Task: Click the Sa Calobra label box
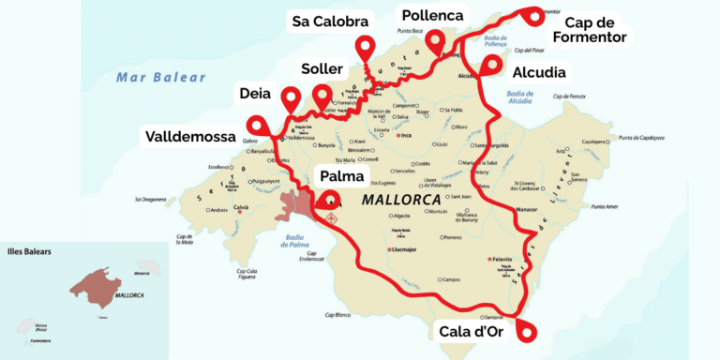[x=329, y=21]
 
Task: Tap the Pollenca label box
[x=433, y=15]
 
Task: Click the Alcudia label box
[x=538, y=71]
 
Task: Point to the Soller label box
[x=322, y=69]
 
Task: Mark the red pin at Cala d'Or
[x=528, y=328]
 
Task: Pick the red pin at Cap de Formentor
[x=535, y=15]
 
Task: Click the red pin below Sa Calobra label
[x=364, y=47]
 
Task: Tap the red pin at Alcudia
[x=490, y=65]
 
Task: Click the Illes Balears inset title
[x=29, y=252]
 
